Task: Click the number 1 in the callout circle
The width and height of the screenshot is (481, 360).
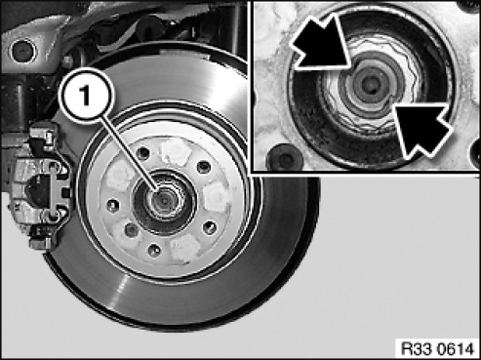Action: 85,96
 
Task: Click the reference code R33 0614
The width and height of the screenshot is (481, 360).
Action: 438,349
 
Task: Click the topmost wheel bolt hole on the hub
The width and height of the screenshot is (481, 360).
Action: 143,152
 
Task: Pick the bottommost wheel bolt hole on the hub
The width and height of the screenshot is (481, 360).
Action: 154,250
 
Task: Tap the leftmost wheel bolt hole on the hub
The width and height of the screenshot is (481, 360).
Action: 112,206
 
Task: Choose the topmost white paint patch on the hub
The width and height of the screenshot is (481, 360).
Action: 176,150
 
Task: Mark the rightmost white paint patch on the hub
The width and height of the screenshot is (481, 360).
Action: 217,196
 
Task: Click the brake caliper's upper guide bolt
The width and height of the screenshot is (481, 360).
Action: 53,167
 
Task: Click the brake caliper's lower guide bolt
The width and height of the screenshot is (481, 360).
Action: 54,214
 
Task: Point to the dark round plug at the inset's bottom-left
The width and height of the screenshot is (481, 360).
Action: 284,159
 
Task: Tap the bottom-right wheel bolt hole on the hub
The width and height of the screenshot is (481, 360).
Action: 209,227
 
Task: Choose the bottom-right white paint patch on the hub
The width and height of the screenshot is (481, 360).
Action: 185,247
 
